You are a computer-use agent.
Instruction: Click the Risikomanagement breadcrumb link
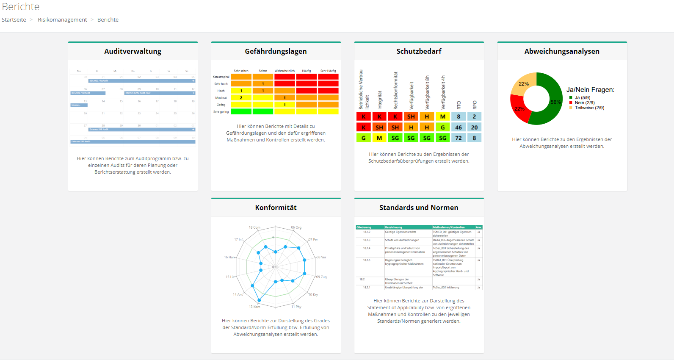pos(62,20)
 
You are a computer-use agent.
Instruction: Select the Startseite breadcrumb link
pos(14,20)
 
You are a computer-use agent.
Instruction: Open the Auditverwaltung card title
pos(133,51)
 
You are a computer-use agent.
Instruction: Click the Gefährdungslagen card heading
pos(276,51)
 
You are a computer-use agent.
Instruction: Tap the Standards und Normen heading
pos(419,208)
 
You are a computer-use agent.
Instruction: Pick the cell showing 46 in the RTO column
pos(459,127)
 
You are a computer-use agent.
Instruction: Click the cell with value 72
pos(459,138)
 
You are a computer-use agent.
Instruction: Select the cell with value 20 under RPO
pos(474,127)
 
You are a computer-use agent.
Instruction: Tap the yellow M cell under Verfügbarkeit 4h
pos(442,116)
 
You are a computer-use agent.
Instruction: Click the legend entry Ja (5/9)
pos(582,97)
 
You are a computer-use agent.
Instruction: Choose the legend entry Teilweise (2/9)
pos(589,108)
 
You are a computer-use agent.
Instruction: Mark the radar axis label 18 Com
pos(254,227)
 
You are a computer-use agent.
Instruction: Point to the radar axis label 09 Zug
pos(321,277)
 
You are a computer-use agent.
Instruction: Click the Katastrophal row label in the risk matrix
pos(221,77)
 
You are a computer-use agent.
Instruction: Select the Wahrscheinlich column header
pos(285,71)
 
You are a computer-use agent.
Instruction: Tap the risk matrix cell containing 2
pos(241,98)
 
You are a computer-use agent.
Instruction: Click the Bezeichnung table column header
pos(394,227)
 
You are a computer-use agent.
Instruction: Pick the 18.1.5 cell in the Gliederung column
pos(366,260)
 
